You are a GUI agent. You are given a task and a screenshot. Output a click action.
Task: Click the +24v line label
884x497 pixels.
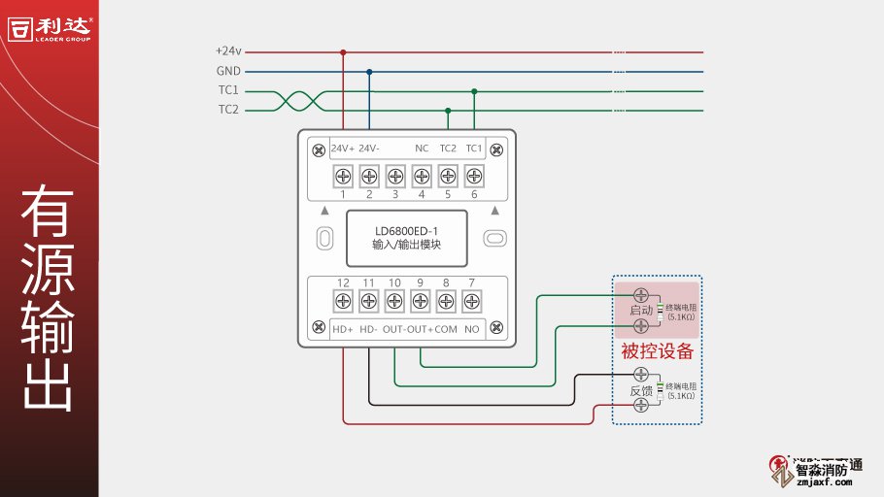tap(227, 51)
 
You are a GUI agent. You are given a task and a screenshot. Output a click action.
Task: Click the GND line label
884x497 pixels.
tap(228, 71)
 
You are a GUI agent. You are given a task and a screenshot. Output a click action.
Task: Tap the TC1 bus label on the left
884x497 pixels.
tap(228, 90)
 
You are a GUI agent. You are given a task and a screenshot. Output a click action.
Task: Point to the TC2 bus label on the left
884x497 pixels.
tap(228, 110)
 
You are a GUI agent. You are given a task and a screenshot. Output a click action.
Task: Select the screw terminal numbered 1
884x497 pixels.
tap(343, 176)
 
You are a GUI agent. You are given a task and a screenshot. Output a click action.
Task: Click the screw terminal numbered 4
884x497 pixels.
tap(422, 176)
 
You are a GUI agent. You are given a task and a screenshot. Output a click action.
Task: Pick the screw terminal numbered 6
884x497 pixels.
tap(474, 176)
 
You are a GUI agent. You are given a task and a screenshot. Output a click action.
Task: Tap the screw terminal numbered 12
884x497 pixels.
tap(343, 302)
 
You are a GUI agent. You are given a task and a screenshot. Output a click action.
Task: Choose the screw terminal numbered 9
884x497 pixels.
tap(421, 302)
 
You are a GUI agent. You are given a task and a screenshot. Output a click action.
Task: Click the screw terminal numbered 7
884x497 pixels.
tap(472, 302)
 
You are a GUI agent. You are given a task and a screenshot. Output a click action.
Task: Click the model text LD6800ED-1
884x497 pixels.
tap(406, 231)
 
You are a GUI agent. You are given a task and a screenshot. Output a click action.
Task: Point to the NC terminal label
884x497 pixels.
tap(422, 149)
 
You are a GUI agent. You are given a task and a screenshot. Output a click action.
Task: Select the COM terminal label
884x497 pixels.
tap(446, 329)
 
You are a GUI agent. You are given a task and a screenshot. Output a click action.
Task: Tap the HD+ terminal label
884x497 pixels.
tap(343, 329)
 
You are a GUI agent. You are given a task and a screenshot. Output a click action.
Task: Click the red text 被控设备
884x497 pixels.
tap(658, 350)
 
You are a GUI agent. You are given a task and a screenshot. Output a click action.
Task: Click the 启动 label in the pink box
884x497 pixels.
tap(641, 311)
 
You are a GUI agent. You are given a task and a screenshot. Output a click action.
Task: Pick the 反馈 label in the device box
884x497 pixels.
tap(641, 390)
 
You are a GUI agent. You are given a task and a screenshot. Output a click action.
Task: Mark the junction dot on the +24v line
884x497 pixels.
tap(343, 51)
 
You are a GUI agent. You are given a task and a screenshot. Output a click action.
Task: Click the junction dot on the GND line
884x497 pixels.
tap(369, 71)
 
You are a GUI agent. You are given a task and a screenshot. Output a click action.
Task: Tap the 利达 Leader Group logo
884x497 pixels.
tap(49, 27)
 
